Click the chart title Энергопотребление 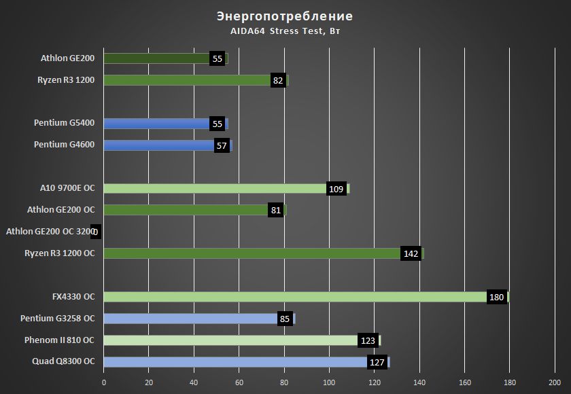click(285, 16)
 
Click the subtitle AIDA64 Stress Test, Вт click(285, 31)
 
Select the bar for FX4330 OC click(292, 297)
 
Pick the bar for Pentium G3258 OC click(190, 319)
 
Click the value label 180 click(497, 297)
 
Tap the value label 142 click(411, 253)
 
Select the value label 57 click(220, 145)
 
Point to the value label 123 click(368, 340)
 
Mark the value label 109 click(336, 189)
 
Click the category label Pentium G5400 click(64, 123)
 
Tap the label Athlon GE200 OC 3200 click(50, 232)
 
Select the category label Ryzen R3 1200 click(66, 80)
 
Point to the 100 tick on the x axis click(329, 382)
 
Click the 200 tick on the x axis click(555, 382)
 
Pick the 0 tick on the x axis click(104, 382)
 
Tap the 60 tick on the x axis click(239, 382)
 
